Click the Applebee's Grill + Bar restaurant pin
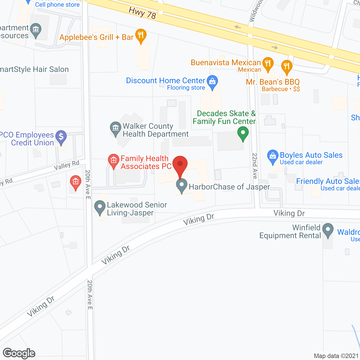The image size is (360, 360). (141, 35)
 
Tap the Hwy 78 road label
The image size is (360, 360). (142, 13)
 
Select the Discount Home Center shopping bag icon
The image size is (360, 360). (212, 82)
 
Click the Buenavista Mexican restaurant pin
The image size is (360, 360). (268, 64)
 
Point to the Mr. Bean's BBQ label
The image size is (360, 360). (273, 82)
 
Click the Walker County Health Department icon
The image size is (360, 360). (115, 128)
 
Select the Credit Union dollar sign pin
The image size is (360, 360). (61, 137)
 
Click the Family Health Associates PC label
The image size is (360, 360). (146, 163)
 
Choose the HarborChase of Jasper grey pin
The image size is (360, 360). (182, 186)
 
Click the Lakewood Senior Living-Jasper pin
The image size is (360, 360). (100, 207)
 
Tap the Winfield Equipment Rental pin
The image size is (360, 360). (328, 230)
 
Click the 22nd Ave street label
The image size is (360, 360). (255, 166)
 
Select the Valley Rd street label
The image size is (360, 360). (67, 165)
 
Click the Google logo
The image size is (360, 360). (19, 353)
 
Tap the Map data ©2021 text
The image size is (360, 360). (336, 356)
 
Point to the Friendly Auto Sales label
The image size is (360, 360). (328, 181)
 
